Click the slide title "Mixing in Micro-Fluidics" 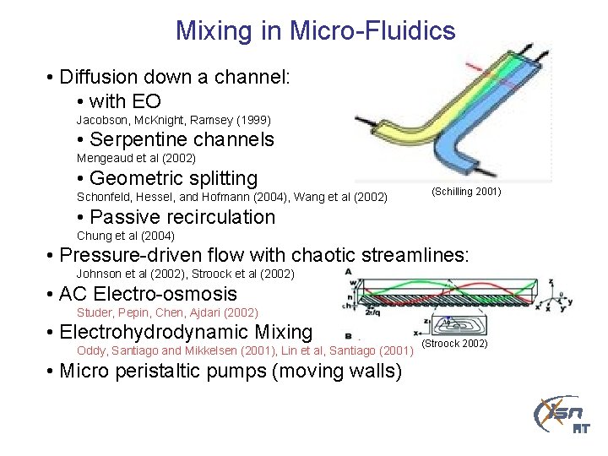tap(315, 32)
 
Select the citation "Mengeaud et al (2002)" tap(136, 158)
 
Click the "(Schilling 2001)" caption tap(466, 192)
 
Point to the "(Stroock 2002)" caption tap(454, 344)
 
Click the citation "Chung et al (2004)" tap(126, 236)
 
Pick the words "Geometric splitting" tap(173, 178)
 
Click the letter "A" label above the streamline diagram tap(349, 271)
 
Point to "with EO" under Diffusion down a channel tap(125, 102)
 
